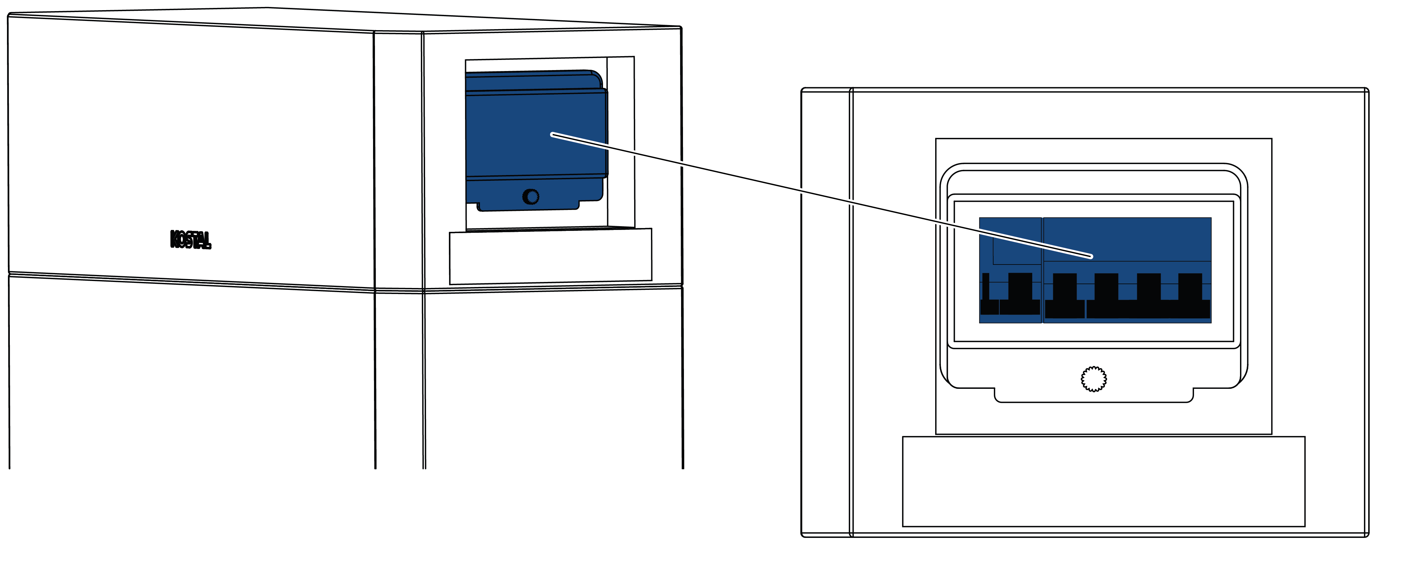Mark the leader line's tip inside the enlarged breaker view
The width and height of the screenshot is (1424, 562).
point(1091,256)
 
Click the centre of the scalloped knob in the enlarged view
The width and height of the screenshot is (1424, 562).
point(1093,379)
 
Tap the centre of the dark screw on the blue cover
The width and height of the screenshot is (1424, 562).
point(531,197)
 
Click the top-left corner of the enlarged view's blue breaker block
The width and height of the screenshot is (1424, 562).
point(980,218)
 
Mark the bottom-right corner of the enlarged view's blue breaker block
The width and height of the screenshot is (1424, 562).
point(1211,323)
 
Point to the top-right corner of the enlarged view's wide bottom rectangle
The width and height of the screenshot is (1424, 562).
point(1305,436)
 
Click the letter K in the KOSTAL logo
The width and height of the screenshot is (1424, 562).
point(175,239)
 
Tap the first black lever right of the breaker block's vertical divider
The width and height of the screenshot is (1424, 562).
point(1065,296)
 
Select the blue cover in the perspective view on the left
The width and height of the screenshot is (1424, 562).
point(536,140)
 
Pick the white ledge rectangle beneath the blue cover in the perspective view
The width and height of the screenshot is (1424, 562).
point(551,256)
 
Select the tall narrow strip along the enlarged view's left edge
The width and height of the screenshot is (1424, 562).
point(826,312)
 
